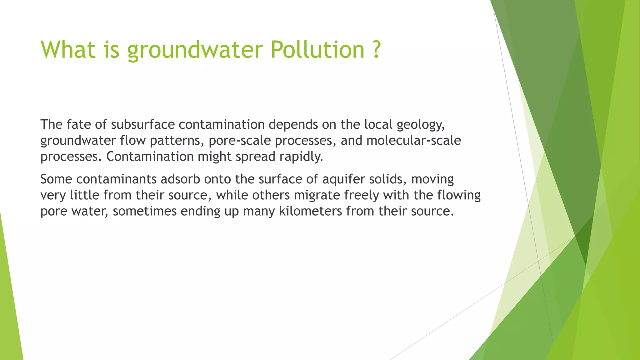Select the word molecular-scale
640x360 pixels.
(413, 140)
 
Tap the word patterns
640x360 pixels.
(177, 141)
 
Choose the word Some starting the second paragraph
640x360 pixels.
(56, 179)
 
